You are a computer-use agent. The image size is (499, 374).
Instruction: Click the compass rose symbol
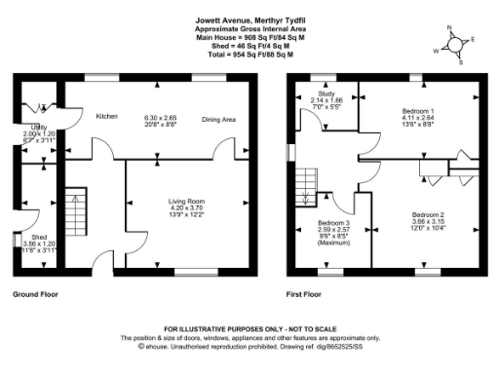tap(454, 44)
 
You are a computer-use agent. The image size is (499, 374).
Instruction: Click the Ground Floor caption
tap(34, 293)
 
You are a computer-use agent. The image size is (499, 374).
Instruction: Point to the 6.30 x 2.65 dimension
tap(163, 115)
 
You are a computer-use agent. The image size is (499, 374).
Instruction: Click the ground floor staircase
tap(75, 214)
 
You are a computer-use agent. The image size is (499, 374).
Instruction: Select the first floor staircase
tap(308, 185)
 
